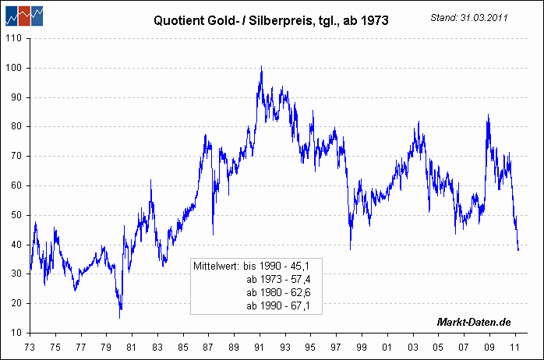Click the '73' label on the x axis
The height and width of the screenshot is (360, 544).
tap(30, 347)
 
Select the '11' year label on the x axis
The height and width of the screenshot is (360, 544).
tap(514, 347)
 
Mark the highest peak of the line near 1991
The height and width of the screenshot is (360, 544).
tap(261, 66)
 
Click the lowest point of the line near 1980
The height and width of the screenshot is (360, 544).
tap(120, 317)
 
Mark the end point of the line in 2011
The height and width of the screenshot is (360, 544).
tap(519, 250)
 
